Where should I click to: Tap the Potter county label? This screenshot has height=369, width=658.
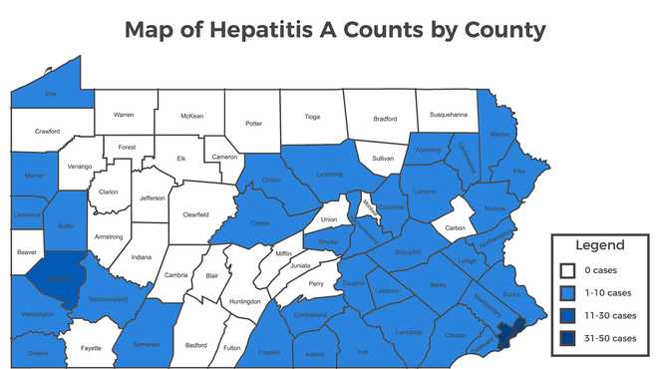253,123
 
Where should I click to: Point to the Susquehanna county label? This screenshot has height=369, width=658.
448,116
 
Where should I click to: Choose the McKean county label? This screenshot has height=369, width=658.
192,116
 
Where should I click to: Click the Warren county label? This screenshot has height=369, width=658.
124,115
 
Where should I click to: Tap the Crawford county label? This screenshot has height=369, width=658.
47,131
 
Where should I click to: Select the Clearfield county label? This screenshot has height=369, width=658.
195,214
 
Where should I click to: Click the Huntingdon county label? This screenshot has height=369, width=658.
244,300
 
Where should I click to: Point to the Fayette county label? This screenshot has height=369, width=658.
92,348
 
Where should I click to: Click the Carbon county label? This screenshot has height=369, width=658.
456,228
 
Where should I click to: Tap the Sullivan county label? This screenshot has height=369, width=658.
383,159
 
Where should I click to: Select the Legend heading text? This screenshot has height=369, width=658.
599,245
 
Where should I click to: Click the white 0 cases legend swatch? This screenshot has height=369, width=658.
567,270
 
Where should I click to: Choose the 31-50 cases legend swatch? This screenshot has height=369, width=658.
567,337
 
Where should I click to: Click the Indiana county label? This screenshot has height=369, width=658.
141,256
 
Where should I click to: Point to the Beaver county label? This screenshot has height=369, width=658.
26,252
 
